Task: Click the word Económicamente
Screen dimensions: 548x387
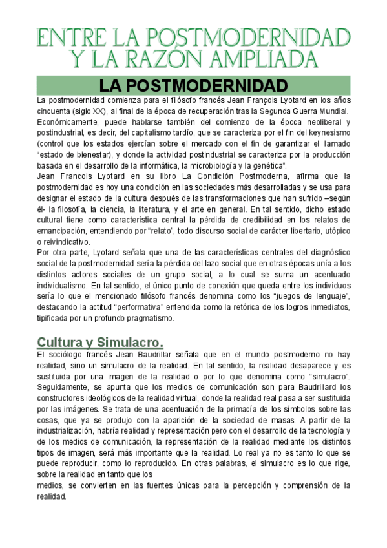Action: [69, 122]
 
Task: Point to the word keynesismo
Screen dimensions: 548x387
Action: [327, 133]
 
